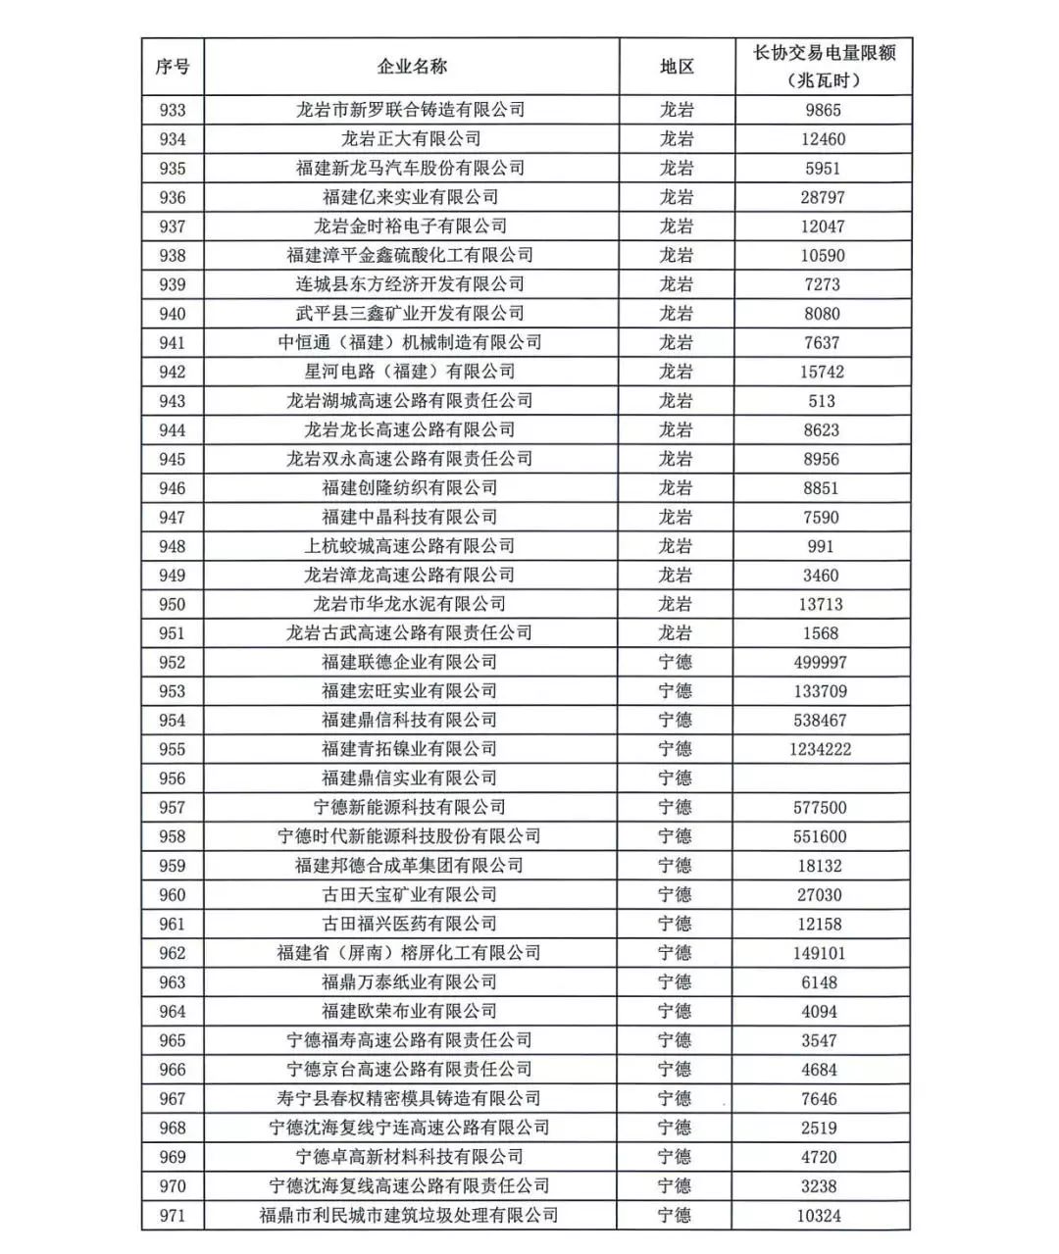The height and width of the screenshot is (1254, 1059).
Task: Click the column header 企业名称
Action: [x=412, y=67]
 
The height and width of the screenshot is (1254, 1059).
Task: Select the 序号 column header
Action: [x=173, y=67]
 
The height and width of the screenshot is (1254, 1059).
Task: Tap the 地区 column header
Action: [x=677, y=67]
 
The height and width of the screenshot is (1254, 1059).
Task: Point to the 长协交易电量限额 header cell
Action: [x=824, y=66]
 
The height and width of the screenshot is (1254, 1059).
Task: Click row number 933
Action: [x=173, y=110]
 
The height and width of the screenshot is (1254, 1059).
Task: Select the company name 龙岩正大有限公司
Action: [x=411, y=139]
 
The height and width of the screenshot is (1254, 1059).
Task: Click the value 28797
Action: [x=822, y=197]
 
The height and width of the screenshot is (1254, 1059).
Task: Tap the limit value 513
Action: [x=822, y=401]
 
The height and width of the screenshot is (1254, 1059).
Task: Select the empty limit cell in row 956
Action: [x=822, y=778]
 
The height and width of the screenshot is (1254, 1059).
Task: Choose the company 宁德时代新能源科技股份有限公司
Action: [x=410, y=836]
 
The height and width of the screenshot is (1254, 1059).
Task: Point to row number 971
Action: [x=173, y=1215]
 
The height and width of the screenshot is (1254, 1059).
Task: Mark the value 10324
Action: [x=820, y=1215]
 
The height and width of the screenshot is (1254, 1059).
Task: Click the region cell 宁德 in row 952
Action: [x=676, y=662]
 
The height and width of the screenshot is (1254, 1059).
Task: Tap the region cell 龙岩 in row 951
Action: [x=676, y=633]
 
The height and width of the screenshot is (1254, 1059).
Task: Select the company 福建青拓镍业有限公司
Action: [x=410, y=749]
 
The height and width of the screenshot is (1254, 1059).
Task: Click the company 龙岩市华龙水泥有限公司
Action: [x=410, y=604]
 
